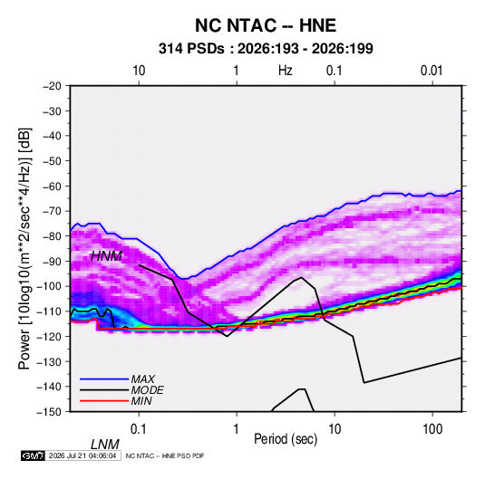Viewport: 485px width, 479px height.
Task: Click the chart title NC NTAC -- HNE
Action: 266,25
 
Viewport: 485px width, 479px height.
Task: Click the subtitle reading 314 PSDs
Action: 191,49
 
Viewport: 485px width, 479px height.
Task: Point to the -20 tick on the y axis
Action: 52,86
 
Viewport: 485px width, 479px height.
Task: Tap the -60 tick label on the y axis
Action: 52,186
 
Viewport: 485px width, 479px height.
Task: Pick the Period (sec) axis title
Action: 286,439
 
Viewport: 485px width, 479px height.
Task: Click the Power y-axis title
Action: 24,248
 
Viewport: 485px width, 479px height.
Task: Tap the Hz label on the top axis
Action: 286,71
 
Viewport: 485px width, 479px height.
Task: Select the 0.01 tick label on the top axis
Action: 432,71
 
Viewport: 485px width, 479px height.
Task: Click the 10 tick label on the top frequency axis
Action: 139,71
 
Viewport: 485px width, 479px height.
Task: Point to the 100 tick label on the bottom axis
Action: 432,429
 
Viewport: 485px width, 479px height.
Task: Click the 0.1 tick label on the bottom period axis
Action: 139,429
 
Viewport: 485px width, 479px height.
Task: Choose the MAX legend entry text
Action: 142,378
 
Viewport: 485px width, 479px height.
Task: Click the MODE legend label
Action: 147,390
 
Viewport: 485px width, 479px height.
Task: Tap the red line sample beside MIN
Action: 104,401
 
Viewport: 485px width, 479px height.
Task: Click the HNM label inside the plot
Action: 106,256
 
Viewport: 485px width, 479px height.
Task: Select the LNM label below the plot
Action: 104,445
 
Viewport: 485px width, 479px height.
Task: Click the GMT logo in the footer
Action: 34,455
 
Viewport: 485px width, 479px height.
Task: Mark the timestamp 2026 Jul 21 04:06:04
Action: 82,455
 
